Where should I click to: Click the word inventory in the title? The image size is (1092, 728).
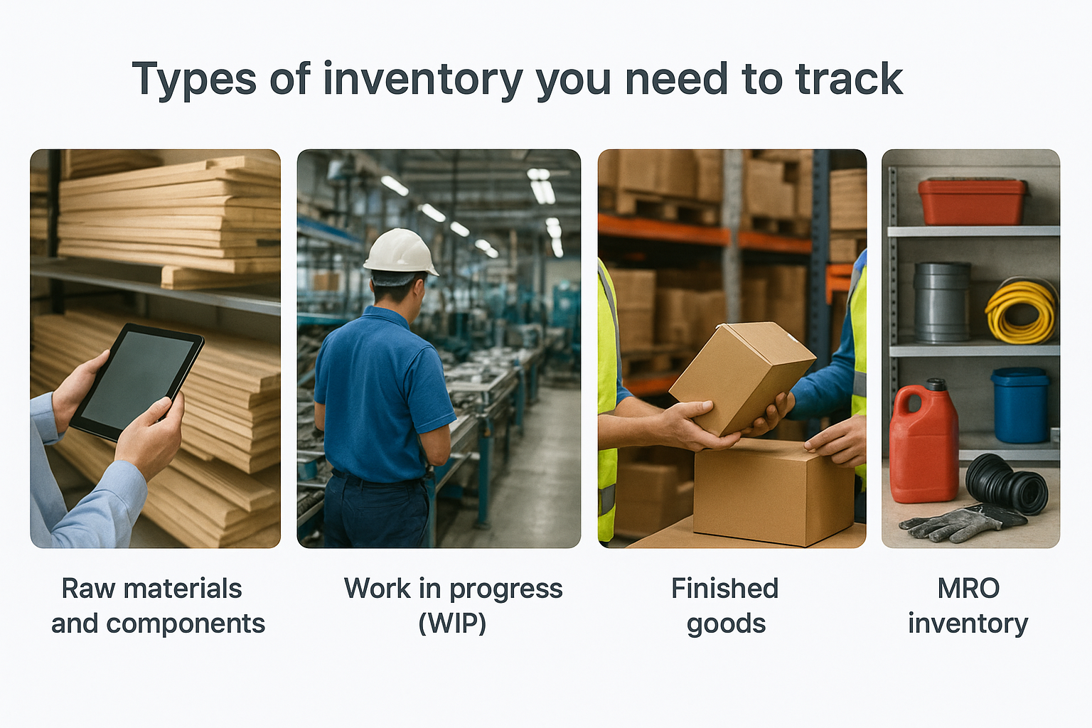[423, 79]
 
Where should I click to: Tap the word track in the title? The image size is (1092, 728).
[849, 79]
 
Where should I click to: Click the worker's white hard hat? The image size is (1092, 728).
[400, 252]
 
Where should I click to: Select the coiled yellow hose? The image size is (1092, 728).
[1022, 311]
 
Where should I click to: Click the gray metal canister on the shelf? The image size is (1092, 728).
[941, 301]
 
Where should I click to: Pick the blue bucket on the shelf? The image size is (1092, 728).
[1020, 405]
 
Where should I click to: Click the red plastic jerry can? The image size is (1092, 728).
[924, 444]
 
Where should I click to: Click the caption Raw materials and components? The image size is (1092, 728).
[156, 606]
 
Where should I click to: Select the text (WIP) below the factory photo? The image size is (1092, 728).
[452, 623]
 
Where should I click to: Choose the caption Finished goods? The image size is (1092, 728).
[725, 606]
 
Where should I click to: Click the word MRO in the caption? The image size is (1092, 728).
[968, 589]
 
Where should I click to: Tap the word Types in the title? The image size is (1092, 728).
[194, 79]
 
